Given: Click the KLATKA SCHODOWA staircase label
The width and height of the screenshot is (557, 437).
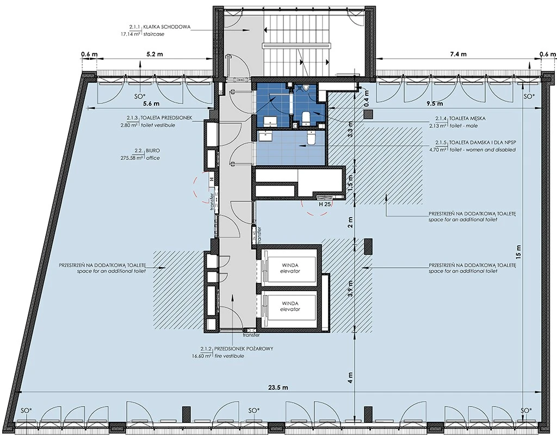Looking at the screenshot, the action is click(x=167, y=27).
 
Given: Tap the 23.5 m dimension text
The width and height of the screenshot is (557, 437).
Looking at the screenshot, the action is click(x=278, y=387).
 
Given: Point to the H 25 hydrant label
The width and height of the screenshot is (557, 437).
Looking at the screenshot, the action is click(x=325, y=204).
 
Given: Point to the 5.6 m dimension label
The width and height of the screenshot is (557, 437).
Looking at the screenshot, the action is click(x=151, y=104).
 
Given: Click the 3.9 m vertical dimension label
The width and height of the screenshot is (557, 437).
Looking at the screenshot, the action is click(x=351, y=288).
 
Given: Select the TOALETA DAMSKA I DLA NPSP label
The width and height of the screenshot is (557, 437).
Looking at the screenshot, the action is click(x=483, y=143).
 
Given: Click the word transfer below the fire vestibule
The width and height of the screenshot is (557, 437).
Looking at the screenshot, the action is click(x=251, y=335).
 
